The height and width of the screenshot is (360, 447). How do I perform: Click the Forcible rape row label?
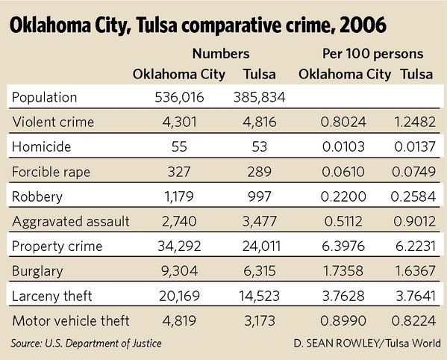pos(51,172)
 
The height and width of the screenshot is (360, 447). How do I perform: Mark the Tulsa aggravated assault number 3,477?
pos(257,222)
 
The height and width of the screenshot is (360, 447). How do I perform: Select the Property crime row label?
pos(54,246)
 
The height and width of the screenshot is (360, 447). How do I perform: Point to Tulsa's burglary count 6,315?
pos(257,272)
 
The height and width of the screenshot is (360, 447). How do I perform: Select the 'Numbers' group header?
pos(220,55)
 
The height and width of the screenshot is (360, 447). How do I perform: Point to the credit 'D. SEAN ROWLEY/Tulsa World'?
pos(368,342)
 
